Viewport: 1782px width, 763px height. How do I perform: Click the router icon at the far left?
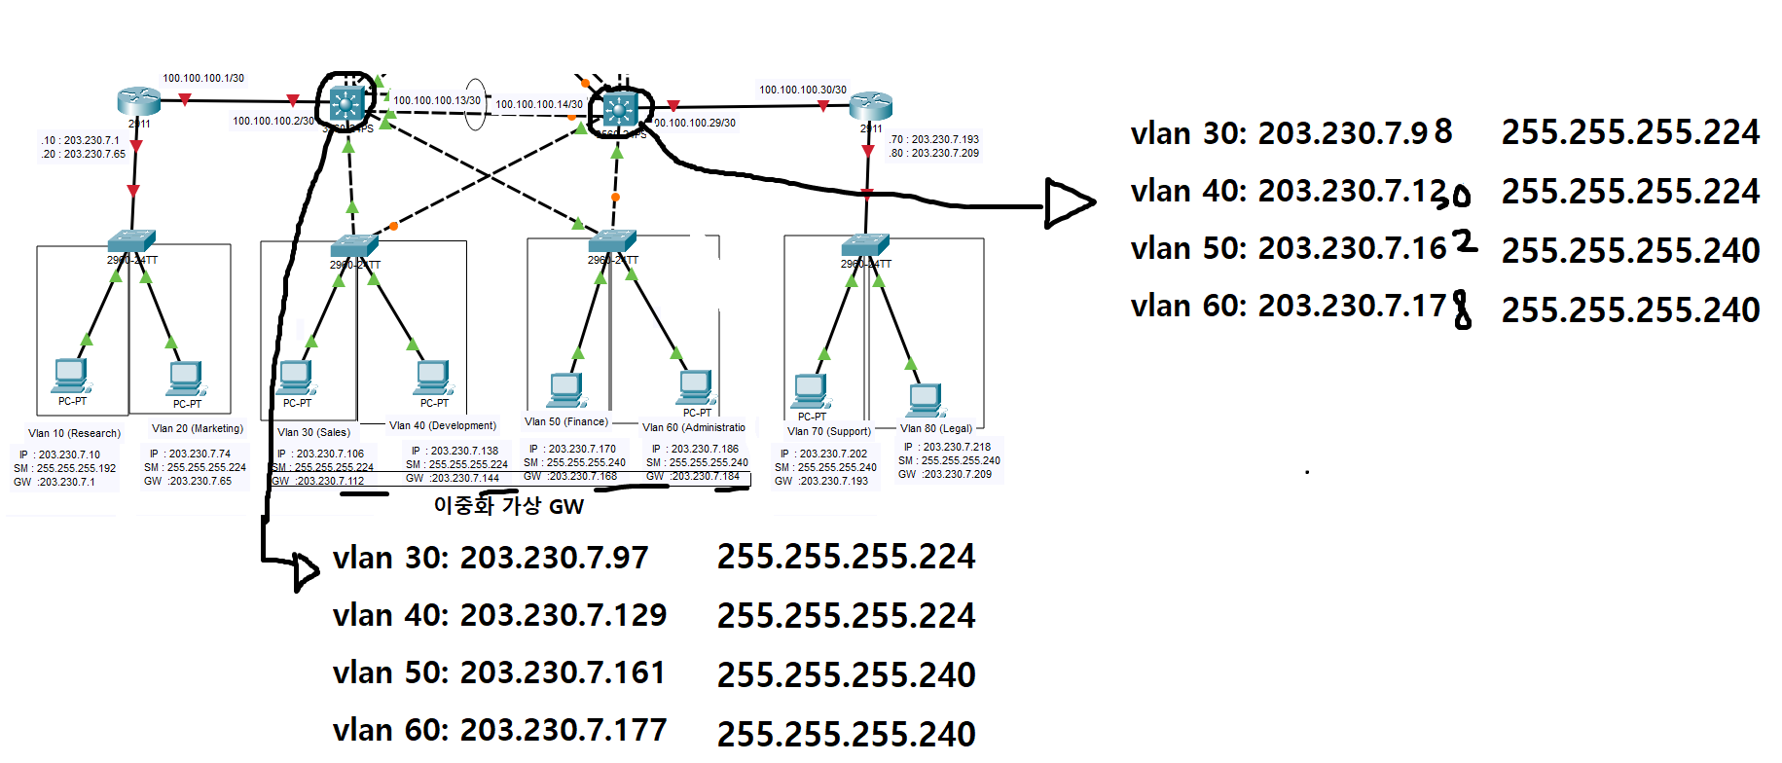pos(138,101)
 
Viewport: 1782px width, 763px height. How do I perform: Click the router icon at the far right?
pos(870,105)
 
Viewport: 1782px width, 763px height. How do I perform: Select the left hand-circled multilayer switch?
pos(346,102)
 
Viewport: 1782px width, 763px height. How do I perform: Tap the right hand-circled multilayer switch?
pos(620,110)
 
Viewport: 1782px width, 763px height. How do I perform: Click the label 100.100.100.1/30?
pos(203,78)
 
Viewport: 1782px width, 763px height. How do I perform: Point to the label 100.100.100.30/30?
pos(803,90)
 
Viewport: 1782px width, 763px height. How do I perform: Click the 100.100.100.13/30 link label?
pos(437,100)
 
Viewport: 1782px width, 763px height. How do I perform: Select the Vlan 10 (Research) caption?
pos(74,433)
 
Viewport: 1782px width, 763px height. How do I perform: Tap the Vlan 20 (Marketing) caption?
pos(198,428)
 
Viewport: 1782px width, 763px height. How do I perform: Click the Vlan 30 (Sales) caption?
pos(313,432)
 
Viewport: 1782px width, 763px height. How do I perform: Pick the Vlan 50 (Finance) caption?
pos(566,421)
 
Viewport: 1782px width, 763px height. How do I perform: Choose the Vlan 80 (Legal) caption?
pos(936,428)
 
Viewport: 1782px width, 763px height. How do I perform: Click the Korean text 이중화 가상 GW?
pos(508,506)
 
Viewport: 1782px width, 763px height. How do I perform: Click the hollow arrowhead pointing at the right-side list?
pos(1069,202)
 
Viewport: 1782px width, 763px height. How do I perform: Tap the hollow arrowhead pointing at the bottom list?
pos(306,571)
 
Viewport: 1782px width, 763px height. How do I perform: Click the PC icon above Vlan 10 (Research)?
pos(71,375)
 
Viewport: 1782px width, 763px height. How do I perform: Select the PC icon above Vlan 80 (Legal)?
pos(926,399)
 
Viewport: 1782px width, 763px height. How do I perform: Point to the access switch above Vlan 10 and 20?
pos(130,241)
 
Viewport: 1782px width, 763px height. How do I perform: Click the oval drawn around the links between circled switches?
pos(475,105)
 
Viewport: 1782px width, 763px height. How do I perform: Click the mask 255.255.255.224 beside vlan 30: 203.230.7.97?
pos(846,557)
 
